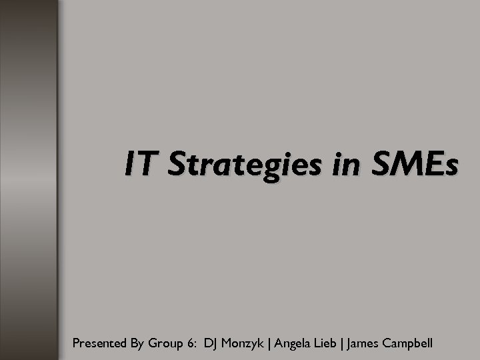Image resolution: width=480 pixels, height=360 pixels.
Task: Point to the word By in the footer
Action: click(x=137, y=344)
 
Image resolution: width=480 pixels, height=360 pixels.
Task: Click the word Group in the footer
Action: click(x=167, y=344)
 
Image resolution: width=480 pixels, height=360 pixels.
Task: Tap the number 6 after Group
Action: click(x=191, y=343)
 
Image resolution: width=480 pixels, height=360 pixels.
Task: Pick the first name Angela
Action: click(x=292, y=344)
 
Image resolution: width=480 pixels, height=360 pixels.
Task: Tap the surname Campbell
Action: click(x=409, y=344)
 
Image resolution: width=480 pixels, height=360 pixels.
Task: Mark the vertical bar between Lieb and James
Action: click(x=341, y=344)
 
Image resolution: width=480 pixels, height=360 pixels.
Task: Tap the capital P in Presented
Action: click(x=76, y=343)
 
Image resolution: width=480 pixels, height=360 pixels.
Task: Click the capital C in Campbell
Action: click(x=387, y=343)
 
